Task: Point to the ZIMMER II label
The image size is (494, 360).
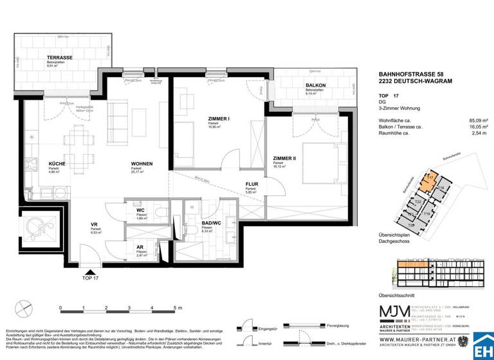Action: click(284, 158)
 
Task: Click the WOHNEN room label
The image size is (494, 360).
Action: click(142, 164)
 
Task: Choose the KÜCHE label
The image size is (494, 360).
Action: click(57, 164)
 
